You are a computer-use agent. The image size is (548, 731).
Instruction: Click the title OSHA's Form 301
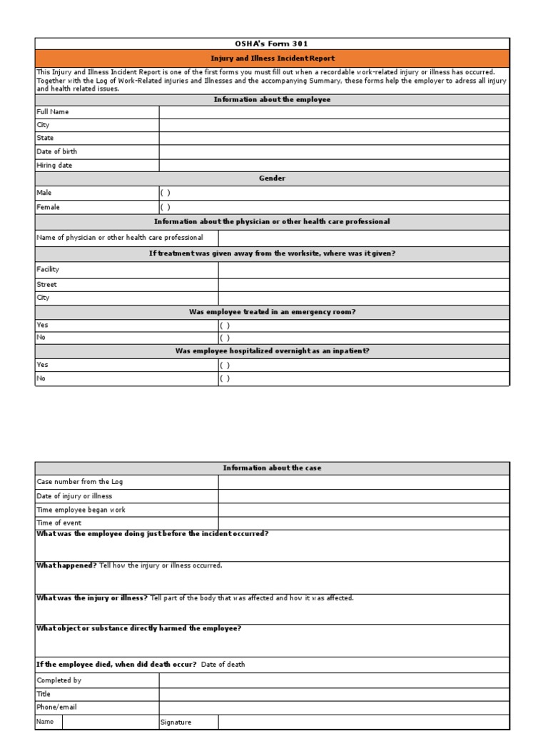click(272, 44)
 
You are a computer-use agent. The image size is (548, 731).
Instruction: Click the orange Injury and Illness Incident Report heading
click(272, 59)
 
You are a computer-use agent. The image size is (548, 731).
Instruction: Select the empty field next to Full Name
click(334, 112)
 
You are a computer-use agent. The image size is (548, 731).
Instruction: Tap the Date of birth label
click(57, 151)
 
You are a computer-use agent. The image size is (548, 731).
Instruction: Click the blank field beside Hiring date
click(334, 165)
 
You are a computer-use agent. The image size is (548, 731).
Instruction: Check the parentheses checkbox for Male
click(165, 193)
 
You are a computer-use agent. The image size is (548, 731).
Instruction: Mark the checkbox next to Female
click(165, 207)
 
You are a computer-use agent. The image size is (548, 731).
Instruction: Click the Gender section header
click(272, 178)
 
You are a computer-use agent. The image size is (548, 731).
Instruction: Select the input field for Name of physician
click(364, 238)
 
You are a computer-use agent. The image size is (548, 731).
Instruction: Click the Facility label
click(48, 269)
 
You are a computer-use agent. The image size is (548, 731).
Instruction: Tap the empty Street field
click(364, 284)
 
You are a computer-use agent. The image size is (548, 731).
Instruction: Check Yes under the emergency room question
click(225, 325)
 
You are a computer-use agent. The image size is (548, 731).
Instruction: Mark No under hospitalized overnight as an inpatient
click(225, 378)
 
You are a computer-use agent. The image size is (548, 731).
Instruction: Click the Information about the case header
click(272, 468)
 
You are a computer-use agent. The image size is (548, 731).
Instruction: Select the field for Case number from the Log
click(364, 482)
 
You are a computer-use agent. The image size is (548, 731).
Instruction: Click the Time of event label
click(59, 523)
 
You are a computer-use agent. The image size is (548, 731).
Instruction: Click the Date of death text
click(223, 664)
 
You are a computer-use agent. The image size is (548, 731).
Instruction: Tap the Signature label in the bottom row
click(176, 722)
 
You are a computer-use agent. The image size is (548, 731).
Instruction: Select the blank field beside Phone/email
click(334, 707)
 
